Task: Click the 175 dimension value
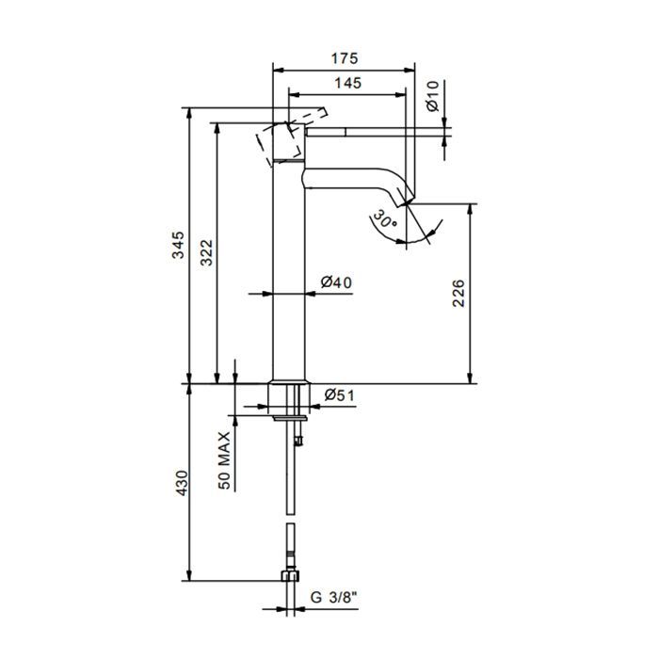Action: tap(345, 58)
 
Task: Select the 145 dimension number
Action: tap(348, 83)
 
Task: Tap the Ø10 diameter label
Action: tap(432, 96)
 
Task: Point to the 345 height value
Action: tap(178, 245)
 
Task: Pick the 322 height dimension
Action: tap(206, 252)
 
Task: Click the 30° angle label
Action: tap(384, 219)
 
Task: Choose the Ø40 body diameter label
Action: tap(336, 282)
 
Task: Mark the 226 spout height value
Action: tap(458, 293)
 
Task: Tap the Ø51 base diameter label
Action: tap(340, 395)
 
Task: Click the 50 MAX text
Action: tap(224, 460)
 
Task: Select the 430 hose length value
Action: tap(181, 482)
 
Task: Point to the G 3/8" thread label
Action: tap(334, 597)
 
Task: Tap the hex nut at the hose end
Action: tap(290, 575)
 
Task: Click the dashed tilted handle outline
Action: tap(291, 137)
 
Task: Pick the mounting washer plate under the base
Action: tap(290, 418)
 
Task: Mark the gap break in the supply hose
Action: tap(290, 519)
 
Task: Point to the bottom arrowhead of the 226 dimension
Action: tap(471, 378)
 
